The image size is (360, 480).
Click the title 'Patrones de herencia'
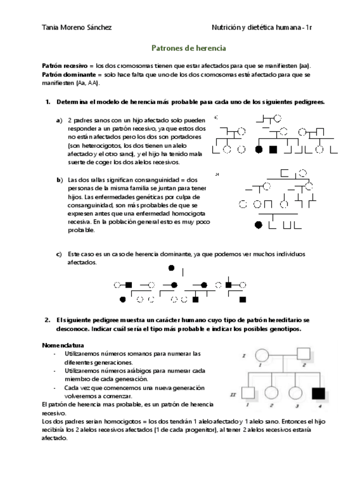point(188,49)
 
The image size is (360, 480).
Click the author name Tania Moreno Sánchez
point(76,27)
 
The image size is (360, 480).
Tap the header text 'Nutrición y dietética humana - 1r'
point(262,27)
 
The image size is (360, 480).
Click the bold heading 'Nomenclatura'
point(63,345)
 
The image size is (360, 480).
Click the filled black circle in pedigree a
point(259,150)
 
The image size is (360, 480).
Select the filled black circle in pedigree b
point(259,225)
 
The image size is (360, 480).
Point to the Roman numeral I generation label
point(242,355)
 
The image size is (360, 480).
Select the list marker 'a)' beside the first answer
point(59,121)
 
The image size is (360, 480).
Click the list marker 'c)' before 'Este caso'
point(59,254)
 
